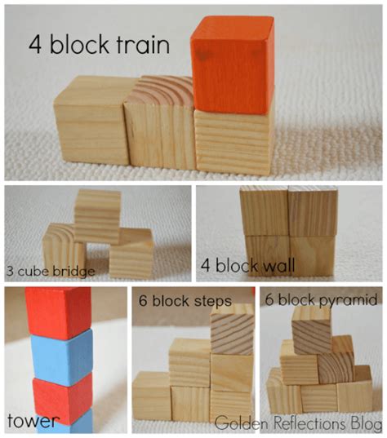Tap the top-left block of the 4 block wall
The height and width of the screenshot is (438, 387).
[263, 211]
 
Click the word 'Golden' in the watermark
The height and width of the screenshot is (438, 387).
[241, 423]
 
